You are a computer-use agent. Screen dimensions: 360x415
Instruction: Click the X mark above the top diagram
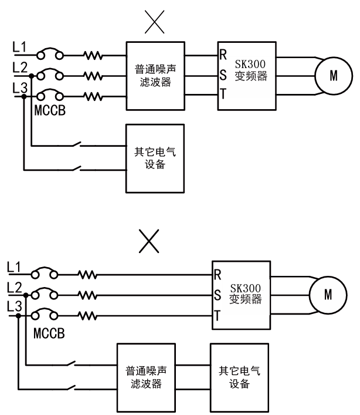(x=155, y=22)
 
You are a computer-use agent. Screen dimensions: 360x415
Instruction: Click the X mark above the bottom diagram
(x=149, y=241)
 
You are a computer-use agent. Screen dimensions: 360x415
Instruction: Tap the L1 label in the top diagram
(x=19, y=47)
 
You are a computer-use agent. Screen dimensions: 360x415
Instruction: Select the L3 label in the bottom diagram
(x=14, y=306)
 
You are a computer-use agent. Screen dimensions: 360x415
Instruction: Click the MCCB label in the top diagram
(x=50, y=110)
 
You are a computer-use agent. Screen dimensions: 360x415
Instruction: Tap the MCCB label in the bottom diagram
(x=49, y=333)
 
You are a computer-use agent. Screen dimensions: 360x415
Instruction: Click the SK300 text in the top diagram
(x=250, y=64)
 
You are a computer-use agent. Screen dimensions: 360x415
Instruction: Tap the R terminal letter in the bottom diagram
(x=218, y=275)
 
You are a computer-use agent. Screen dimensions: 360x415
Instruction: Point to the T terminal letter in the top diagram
(x=223, y=94)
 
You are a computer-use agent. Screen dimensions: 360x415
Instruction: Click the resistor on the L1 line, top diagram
(x=93, y=56)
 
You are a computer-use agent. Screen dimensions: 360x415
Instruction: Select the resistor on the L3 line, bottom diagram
(x=87, y=316)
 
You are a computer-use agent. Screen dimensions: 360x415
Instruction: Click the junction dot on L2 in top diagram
(x=32, y=76)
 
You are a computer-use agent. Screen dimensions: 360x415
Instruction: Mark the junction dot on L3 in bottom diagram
(x=18, y=316)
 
